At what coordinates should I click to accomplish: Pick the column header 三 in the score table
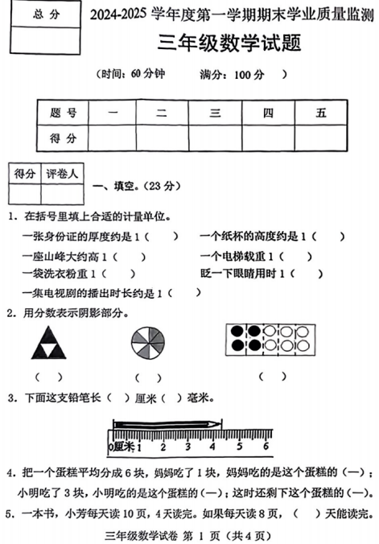pyautogui.click(x=215, y=113)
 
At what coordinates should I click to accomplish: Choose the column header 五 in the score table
pyautogui.click(x=321, y=113)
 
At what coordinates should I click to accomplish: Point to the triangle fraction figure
pyautogui.click(x=50, y=343)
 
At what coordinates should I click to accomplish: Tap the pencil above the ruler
pyautogui.click(x=167, y=424)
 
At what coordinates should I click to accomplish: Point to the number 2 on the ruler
pyautogui.click(x=165, y=446)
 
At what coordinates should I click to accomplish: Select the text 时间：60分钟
pyautogui.click(x=129, y=75)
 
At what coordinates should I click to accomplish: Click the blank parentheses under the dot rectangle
pyautogui.click(x=272, y=375)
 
